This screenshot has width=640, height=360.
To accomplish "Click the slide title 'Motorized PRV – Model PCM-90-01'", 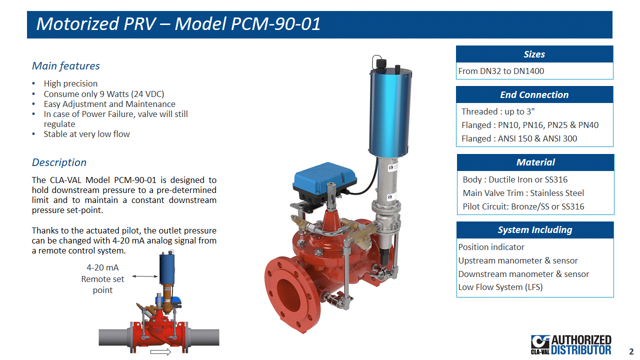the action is point(178,23).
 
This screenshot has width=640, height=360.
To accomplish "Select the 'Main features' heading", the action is point(65,66).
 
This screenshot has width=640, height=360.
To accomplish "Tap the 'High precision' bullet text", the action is point(70,83).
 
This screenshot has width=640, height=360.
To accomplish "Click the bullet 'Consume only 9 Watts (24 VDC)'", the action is point(104,94).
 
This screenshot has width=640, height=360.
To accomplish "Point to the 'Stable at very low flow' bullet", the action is point(86,134).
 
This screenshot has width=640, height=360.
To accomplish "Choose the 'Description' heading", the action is point(59,162).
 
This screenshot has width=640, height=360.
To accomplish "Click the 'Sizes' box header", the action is point(534,54).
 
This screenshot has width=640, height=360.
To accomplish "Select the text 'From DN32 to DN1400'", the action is point(501,71).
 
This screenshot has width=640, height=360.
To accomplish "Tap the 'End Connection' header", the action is point(534,94).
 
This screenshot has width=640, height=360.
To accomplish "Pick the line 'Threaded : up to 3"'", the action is point(498,111).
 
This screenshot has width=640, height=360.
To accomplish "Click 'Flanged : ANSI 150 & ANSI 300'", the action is point(519,138).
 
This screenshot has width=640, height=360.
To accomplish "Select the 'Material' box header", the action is point(535,162).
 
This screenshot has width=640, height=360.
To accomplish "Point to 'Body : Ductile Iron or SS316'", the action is point(515,179).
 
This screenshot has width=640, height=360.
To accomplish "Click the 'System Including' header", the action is point(535,230).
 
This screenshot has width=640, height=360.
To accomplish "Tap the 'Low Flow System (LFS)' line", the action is point(500,287).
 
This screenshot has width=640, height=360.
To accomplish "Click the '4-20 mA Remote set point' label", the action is point(102,279).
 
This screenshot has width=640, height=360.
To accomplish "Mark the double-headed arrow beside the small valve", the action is point(145,276).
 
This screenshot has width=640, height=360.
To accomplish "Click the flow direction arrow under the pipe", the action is point(160,352).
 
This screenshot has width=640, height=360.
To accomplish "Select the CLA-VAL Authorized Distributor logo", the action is point(571,345).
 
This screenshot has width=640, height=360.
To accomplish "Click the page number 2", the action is point(631,351).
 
